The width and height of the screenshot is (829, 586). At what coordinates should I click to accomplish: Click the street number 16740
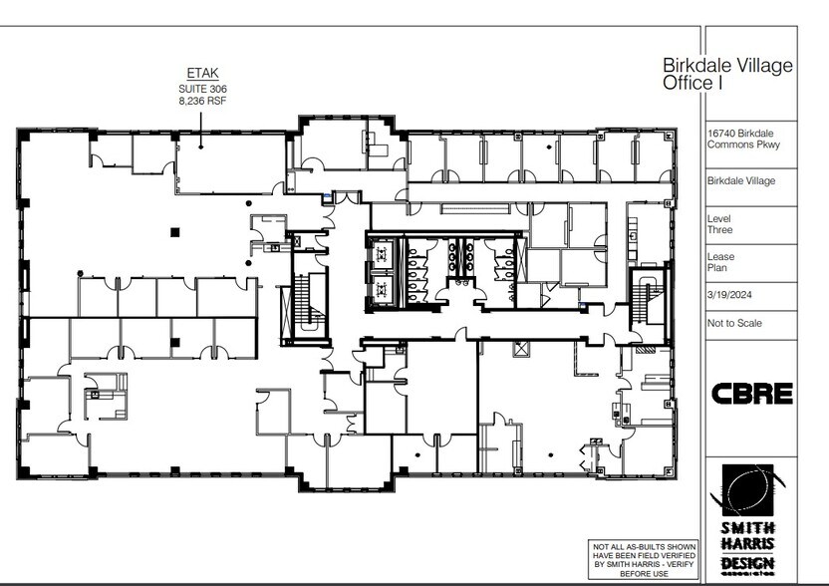pyautogui.click(x=725, y=133)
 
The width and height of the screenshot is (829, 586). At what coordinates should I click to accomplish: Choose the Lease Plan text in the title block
pyautogui.click(x=721, y=263)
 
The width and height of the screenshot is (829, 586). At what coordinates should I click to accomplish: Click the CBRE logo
pyautogui.click(x=752, y=393)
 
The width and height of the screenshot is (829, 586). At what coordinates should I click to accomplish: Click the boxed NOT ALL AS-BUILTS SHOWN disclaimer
pyautogui.click(x=645, y=560)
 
